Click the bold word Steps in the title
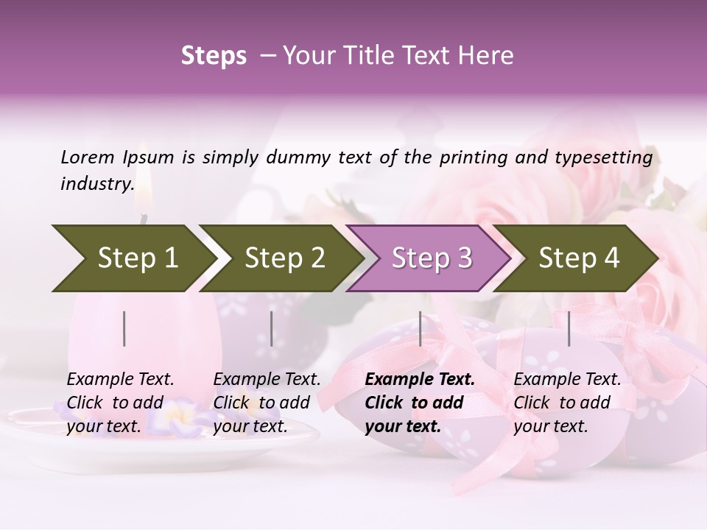click(x=214, y=56)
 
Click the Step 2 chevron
click(x=283, y=258)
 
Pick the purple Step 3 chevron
click(x=430, y=258)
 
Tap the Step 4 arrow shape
click(x=578, y=258)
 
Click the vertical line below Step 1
click(x=124, y=328)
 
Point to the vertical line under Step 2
click(x=272, y=328)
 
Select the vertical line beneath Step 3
click(x=420, y=328)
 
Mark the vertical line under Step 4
click(x=569, y=328)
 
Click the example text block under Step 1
click(x=120, y=403)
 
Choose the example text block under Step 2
click(x=267, y=403)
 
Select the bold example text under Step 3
click(x=419, y=403)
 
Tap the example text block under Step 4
click(x=567, y=403)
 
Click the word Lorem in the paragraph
click(x=88, y=157)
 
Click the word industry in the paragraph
click(x=96, y=184)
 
